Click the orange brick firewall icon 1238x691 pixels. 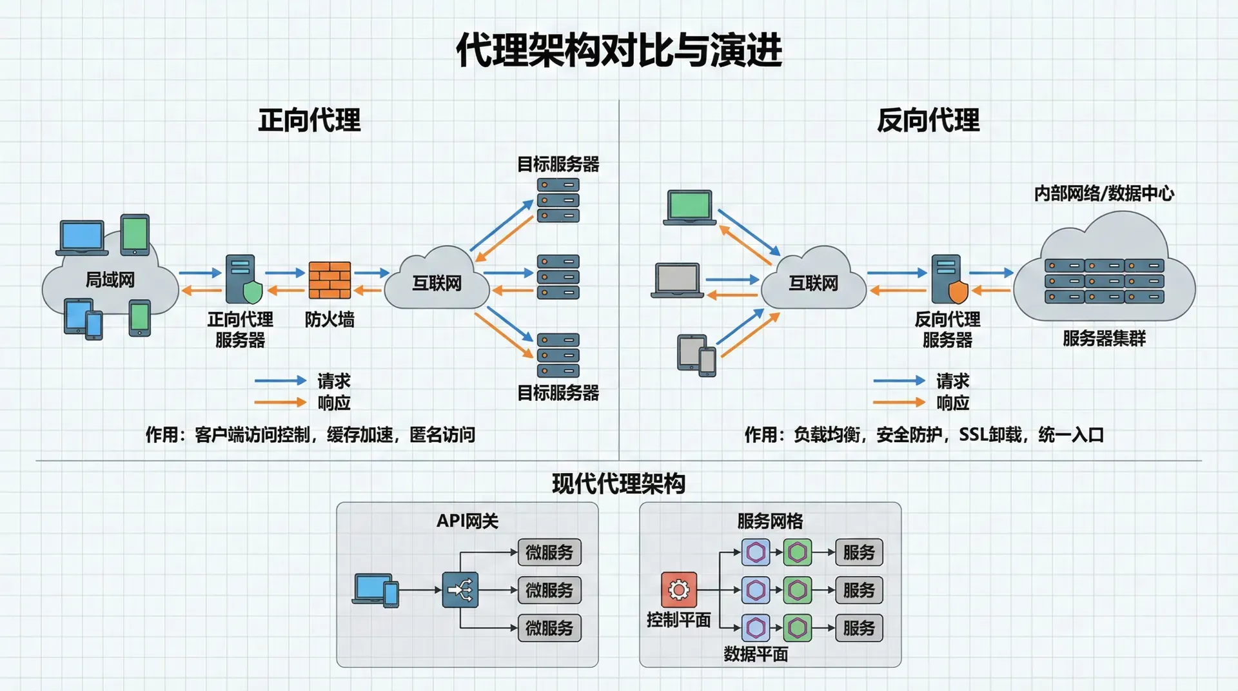coord(329,280)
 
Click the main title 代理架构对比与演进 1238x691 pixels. coord(618,50)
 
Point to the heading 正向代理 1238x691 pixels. coord(309,121)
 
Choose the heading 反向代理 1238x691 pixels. coord(928,121)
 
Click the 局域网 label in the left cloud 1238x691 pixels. coord(110,280)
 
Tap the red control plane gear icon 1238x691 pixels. coord(678,589)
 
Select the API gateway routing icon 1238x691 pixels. coord(460,589)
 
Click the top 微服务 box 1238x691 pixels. coord(549,552)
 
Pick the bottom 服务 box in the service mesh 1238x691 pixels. coord(859,628)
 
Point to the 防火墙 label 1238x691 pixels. coord(329,319)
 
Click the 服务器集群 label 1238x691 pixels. coord(1104,338)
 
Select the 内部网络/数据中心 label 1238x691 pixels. coord(1104,193)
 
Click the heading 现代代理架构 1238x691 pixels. coord(618,483)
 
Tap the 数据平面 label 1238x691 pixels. coord(756,654)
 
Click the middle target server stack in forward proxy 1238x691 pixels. coord(558,277)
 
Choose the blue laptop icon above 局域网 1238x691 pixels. coord(82,238)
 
